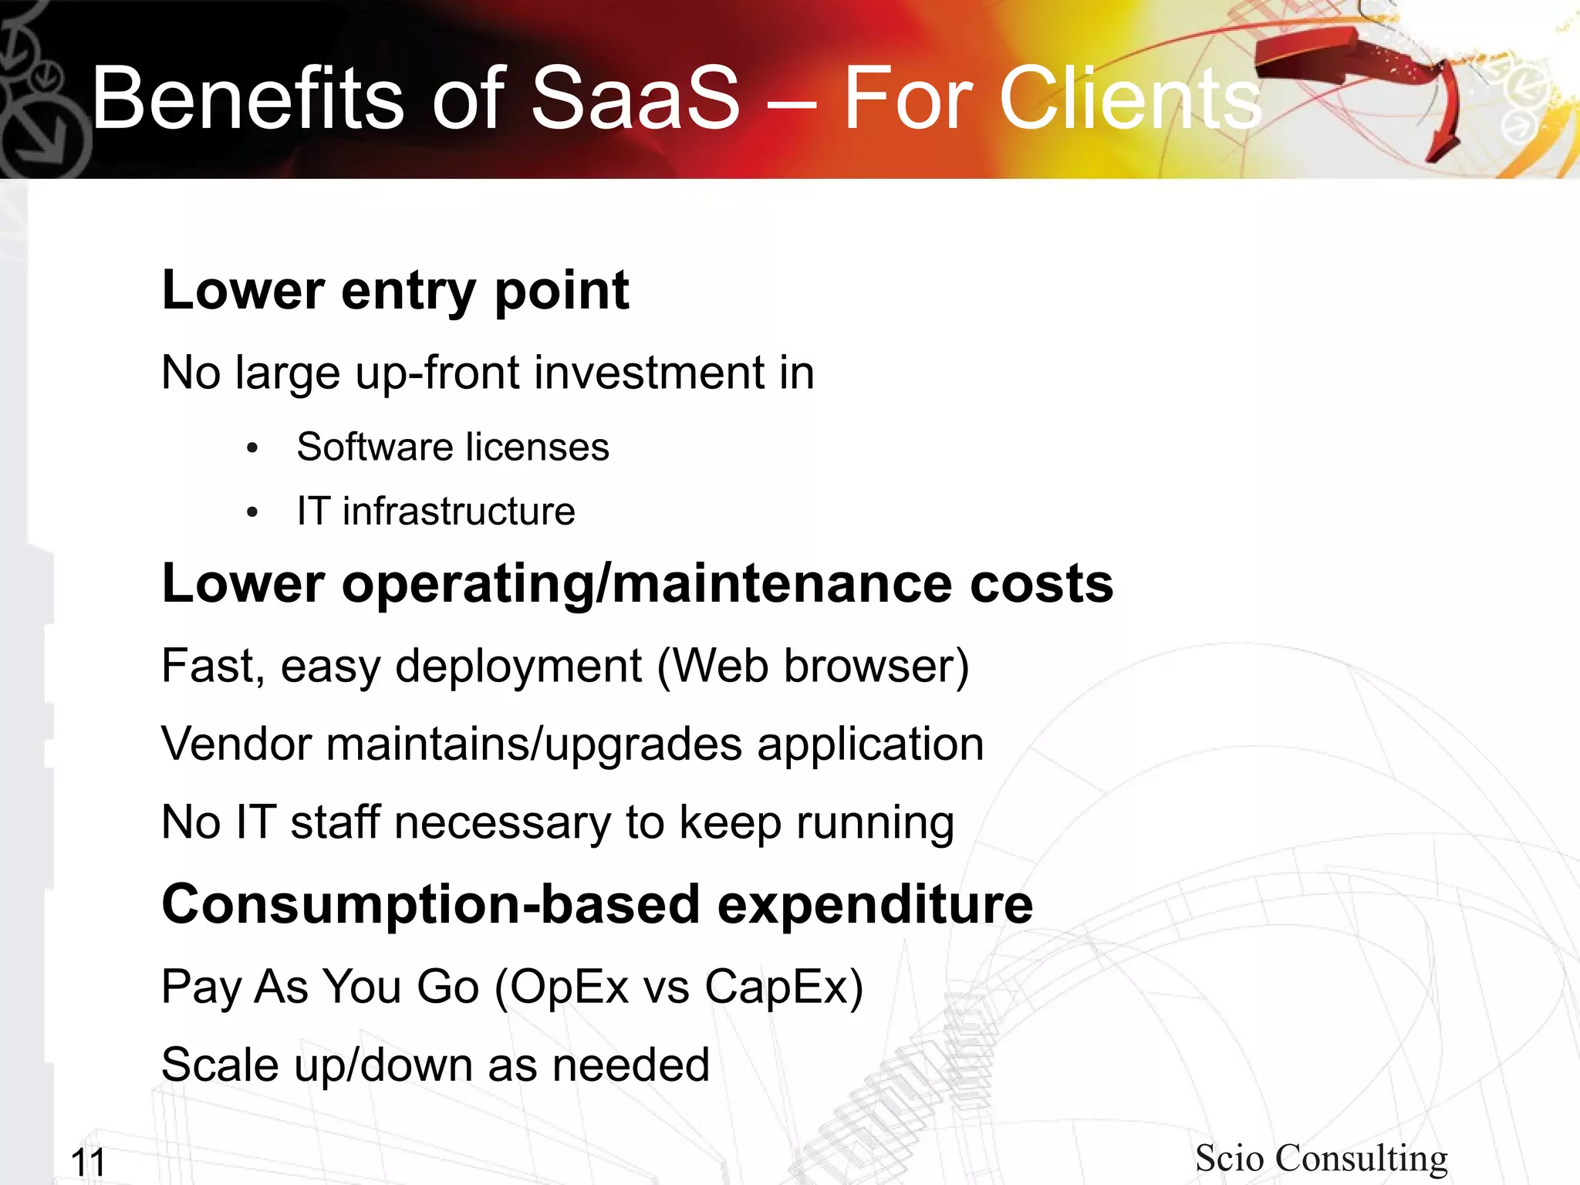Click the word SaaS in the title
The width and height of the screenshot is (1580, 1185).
click(x=636, y=99)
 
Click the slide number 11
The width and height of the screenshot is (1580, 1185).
click(x=88, y=1162)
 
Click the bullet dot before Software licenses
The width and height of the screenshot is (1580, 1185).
click(x=252, y=448)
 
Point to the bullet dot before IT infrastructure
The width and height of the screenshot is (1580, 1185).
click(x=252, y=512)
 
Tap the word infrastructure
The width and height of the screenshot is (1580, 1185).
click(x=459, y=511)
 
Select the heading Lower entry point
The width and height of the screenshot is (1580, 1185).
click(x=395, y=291)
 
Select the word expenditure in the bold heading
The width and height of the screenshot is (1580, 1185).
click(x=875, y=904)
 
